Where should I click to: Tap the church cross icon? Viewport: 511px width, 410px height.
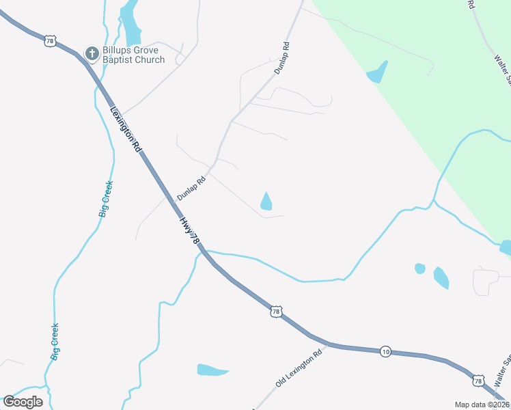point(91,52)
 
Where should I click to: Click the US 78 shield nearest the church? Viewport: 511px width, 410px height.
point(49,41)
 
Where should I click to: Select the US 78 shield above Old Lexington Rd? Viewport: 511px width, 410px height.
point(275,312)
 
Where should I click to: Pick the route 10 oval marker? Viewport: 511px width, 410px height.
point(386,351)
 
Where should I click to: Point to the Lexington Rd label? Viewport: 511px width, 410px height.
point(126,130)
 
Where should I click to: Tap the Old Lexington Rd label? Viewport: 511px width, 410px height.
point(299,369)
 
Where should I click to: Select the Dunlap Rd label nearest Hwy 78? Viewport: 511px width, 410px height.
point(191,189)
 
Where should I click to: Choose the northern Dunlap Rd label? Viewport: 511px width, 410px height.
point(282,58)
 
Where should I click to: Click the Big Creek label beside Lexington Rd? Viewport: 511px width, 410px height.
point(105,199)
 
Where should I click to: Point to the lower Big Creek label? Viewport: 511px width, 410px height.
point(55,342)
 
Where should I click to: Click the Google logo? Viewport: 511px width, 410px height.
point(23,402)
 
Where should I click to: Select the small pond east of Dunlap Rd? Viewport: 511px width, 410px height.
point(266,202)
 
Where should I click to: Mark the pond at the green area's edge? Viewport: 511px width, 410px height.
point(377,72)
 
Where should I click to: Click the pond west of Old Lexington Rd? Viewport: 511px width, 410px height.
point(212,370)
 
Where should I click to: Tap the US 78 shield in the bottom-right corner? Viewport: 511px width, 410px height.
point(478,381)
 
